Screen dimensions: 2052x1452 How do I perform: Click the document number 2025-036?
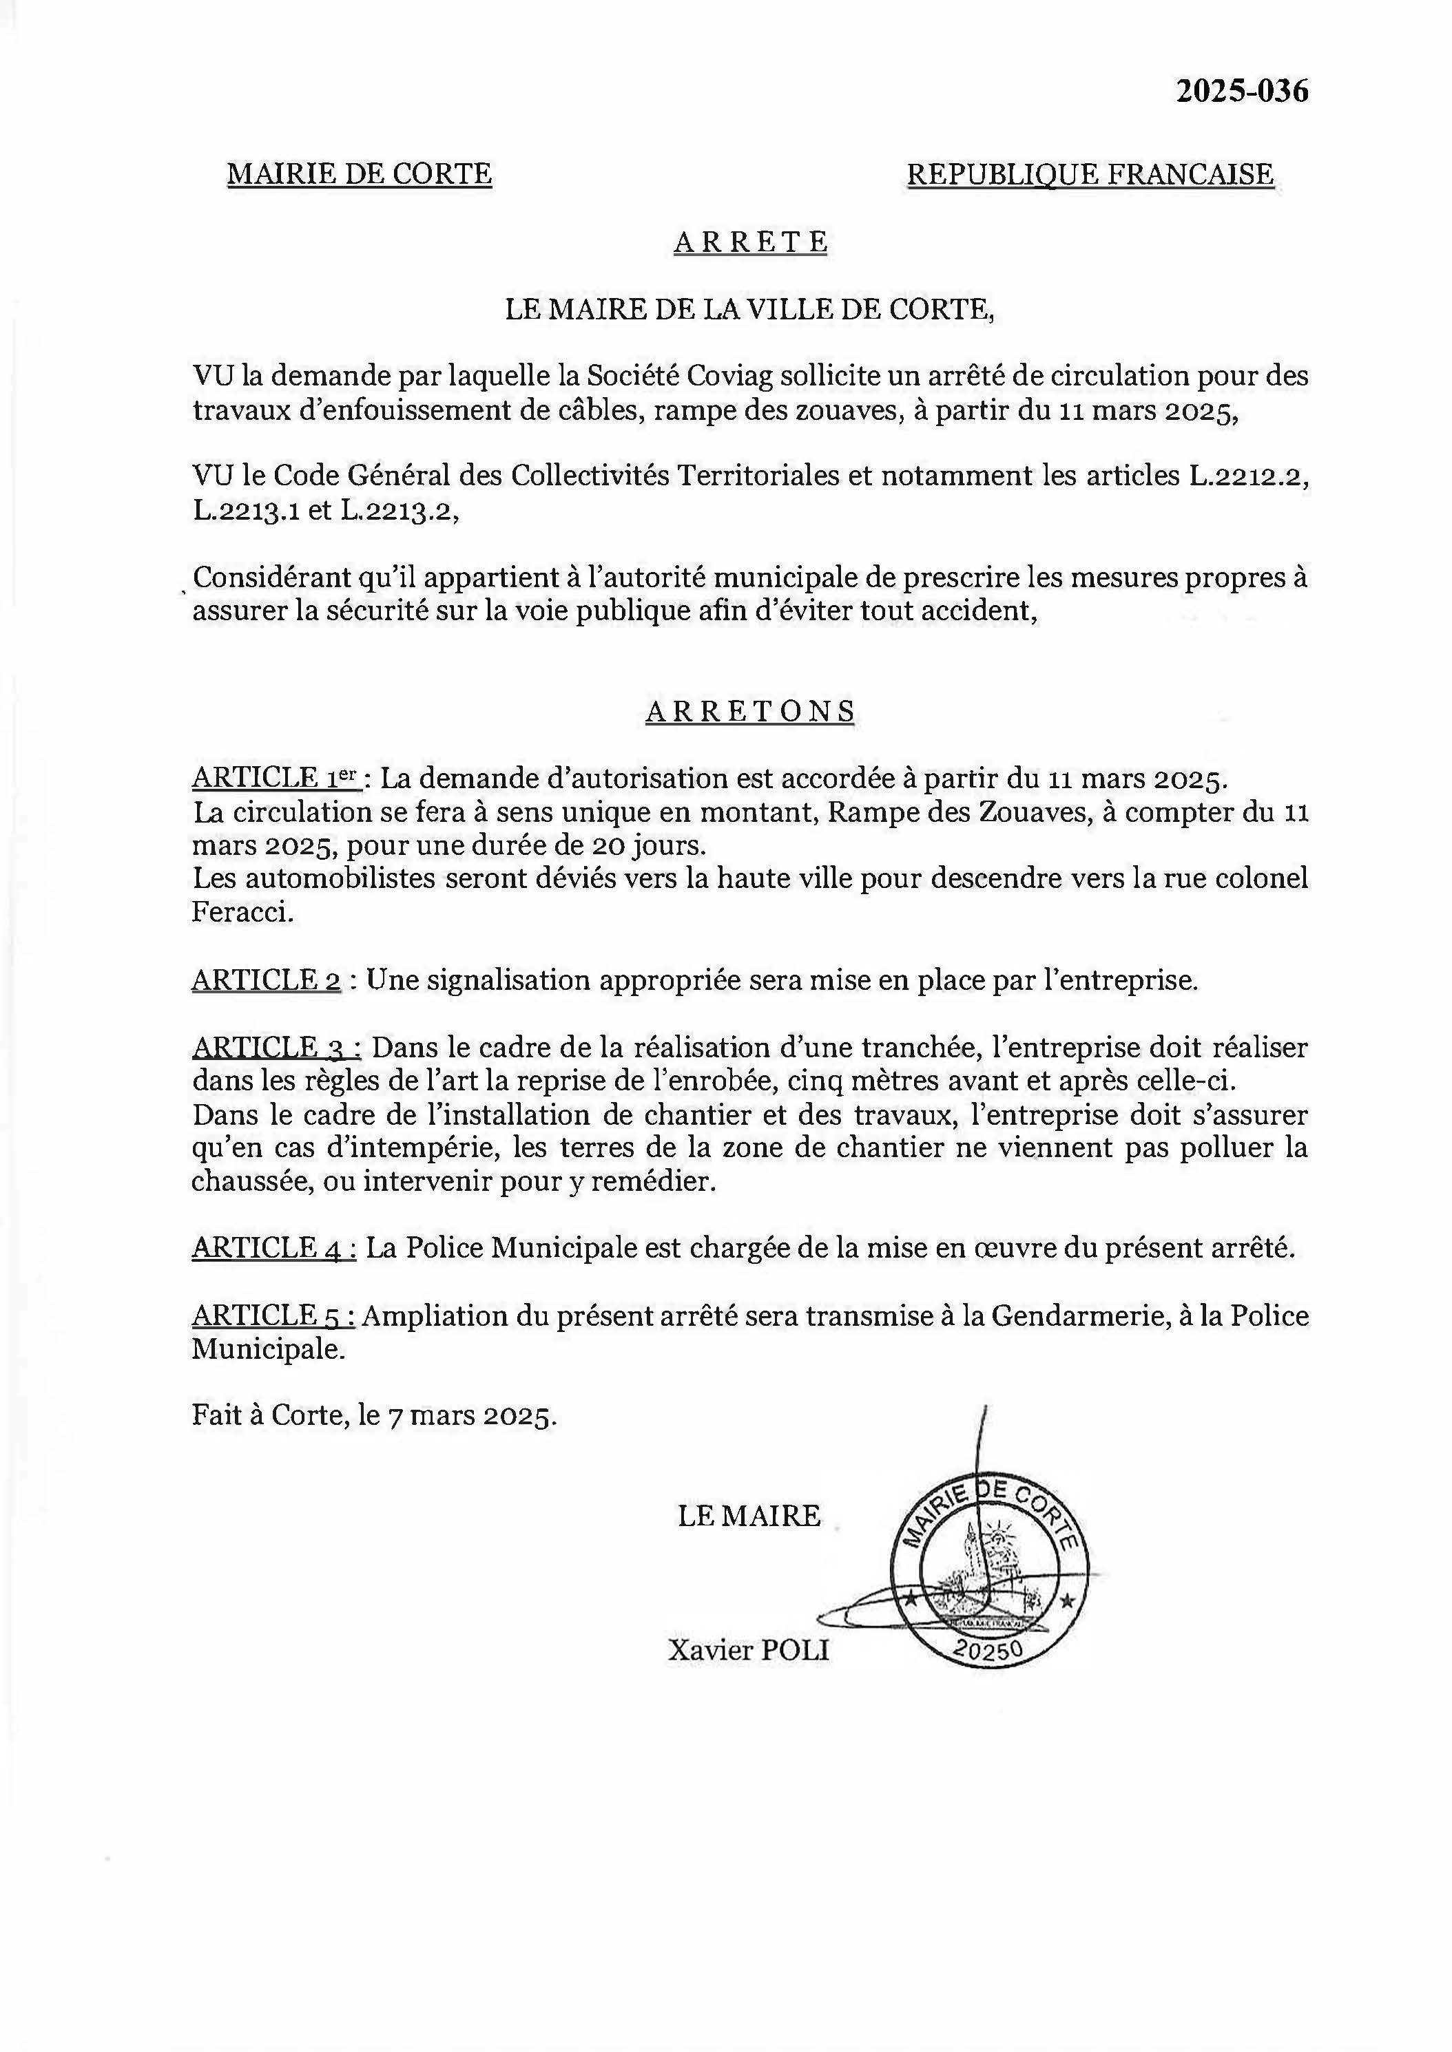(x=1241, y=90)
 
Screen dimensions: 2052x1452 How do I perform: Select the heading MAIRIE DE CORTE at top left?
(x=360, y=173)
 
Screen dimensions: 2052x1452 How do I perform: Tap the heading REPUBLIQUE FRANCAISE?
(x=1090, y=173)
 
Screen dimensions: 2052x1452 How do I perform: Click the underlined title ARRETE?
(x=750, y=242)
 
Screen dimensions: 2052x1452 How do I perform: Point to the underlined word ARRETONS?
(x=750, y=710)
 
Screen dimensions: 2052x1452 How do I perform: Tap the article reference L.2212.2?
(x=1248, y=476)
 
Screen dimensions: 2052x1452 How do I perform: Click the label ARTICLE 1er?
(x=276, y=779)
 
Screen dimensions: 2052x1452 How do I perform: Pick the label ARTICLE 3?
(x=276, y=1048)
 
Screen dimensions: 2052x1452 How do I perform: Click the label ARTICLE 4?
(x=273, y=1247)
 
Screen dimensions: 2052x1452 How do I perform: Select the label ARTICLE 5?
(x=273, y=1315)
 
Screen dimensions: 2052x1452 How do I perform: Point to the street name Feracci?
(x=241, y=913)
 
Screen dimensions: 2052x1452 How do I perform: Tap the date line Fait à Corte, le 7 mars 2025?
(x=374, y=1416)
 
